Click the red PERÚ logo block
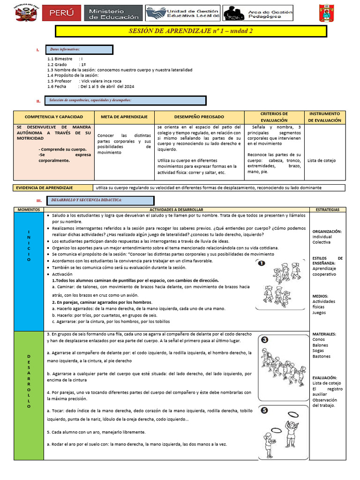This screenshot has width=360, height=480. pos(61,13)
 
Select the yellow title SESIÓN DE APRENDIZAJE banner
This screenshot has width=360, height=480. pos(191,31)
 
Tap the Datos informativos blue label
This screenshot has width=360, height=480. pos(79,50)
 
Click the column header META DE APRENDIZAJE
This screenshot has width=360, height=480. pos(124,116)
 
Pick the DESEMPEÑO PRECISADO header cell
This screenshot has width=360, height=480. pos(199,116)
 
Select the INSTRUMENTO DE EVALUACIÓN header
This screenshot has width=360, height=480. pos(324,117)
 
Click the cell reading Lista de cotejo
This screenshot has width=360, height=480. pos(322,160)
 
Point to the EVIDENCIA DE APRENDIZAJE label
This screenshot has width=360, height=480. pos(47,187)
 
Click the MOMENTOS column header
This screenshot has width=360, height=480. pos(29,210)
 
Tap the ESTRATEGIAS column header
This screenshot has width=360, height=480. pos(328,210)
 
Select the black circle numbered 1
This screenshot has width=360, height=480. pos(262,263)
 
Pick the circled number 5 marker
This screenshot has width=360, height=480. pos(264,411)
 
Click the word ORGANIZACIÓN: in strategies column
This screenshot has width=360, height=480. pos(327,231)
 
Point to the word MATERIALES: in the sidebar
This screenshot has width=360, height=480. pos(324,334)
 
